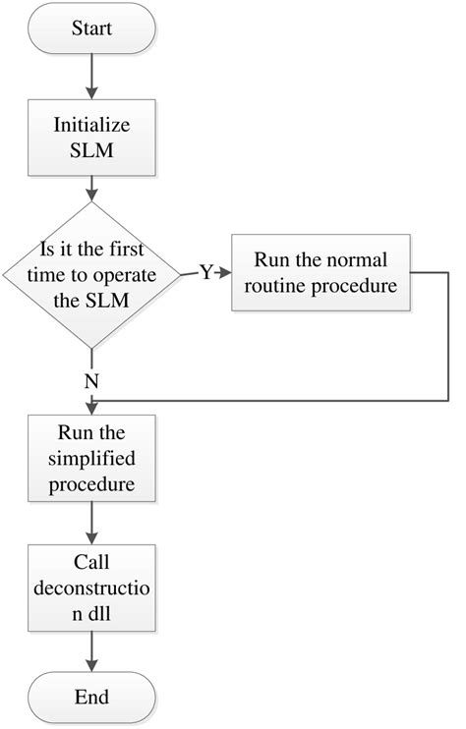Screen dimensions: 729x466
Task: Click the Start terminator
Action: pyautogui.click(x=90, y=28)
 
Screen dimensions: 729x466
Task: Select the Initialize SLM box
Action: pyautogui.click(x=90, y=140)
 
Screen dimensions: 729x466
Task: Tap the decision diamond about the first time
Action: pyautogui.click(x=90, y=274)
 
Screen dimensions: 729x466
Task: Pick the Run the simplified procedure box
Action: pyautogui.click(x=90, y=459)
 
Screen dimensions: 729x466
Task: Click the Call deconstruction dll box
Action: pyautogui.click(x=90, y=589)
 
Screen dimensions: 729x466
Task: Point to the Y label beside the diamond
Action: pyautogui.click(x=205, y=273)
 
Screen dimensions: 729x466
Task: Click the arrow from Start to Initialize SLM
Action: pyautogui.click(x=90, y=77)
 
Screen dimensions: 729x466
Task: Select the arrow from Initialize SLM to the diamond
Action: pyautogui.click(x=90, y=187)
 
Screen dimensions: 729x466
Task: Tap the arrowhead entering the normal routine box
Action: pyautogui.click(x=226, y=273)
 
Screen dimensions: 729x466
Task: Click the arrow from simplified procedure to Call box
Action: pyautogui.click(x=90, y=524)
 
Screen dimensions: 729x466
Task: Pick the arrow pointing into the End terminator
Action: pyautogui.click(x=90, y=652)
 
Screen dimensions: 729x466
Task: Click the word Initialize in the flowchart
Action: pyautogui.click(x=90, y=127)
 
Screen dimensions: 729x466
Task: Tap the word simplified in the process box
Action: pyautogui.click(x=90, y=459)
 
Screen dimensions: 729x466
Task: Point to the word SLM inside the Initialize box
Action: pyautogui.click(x=90, y=153)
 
